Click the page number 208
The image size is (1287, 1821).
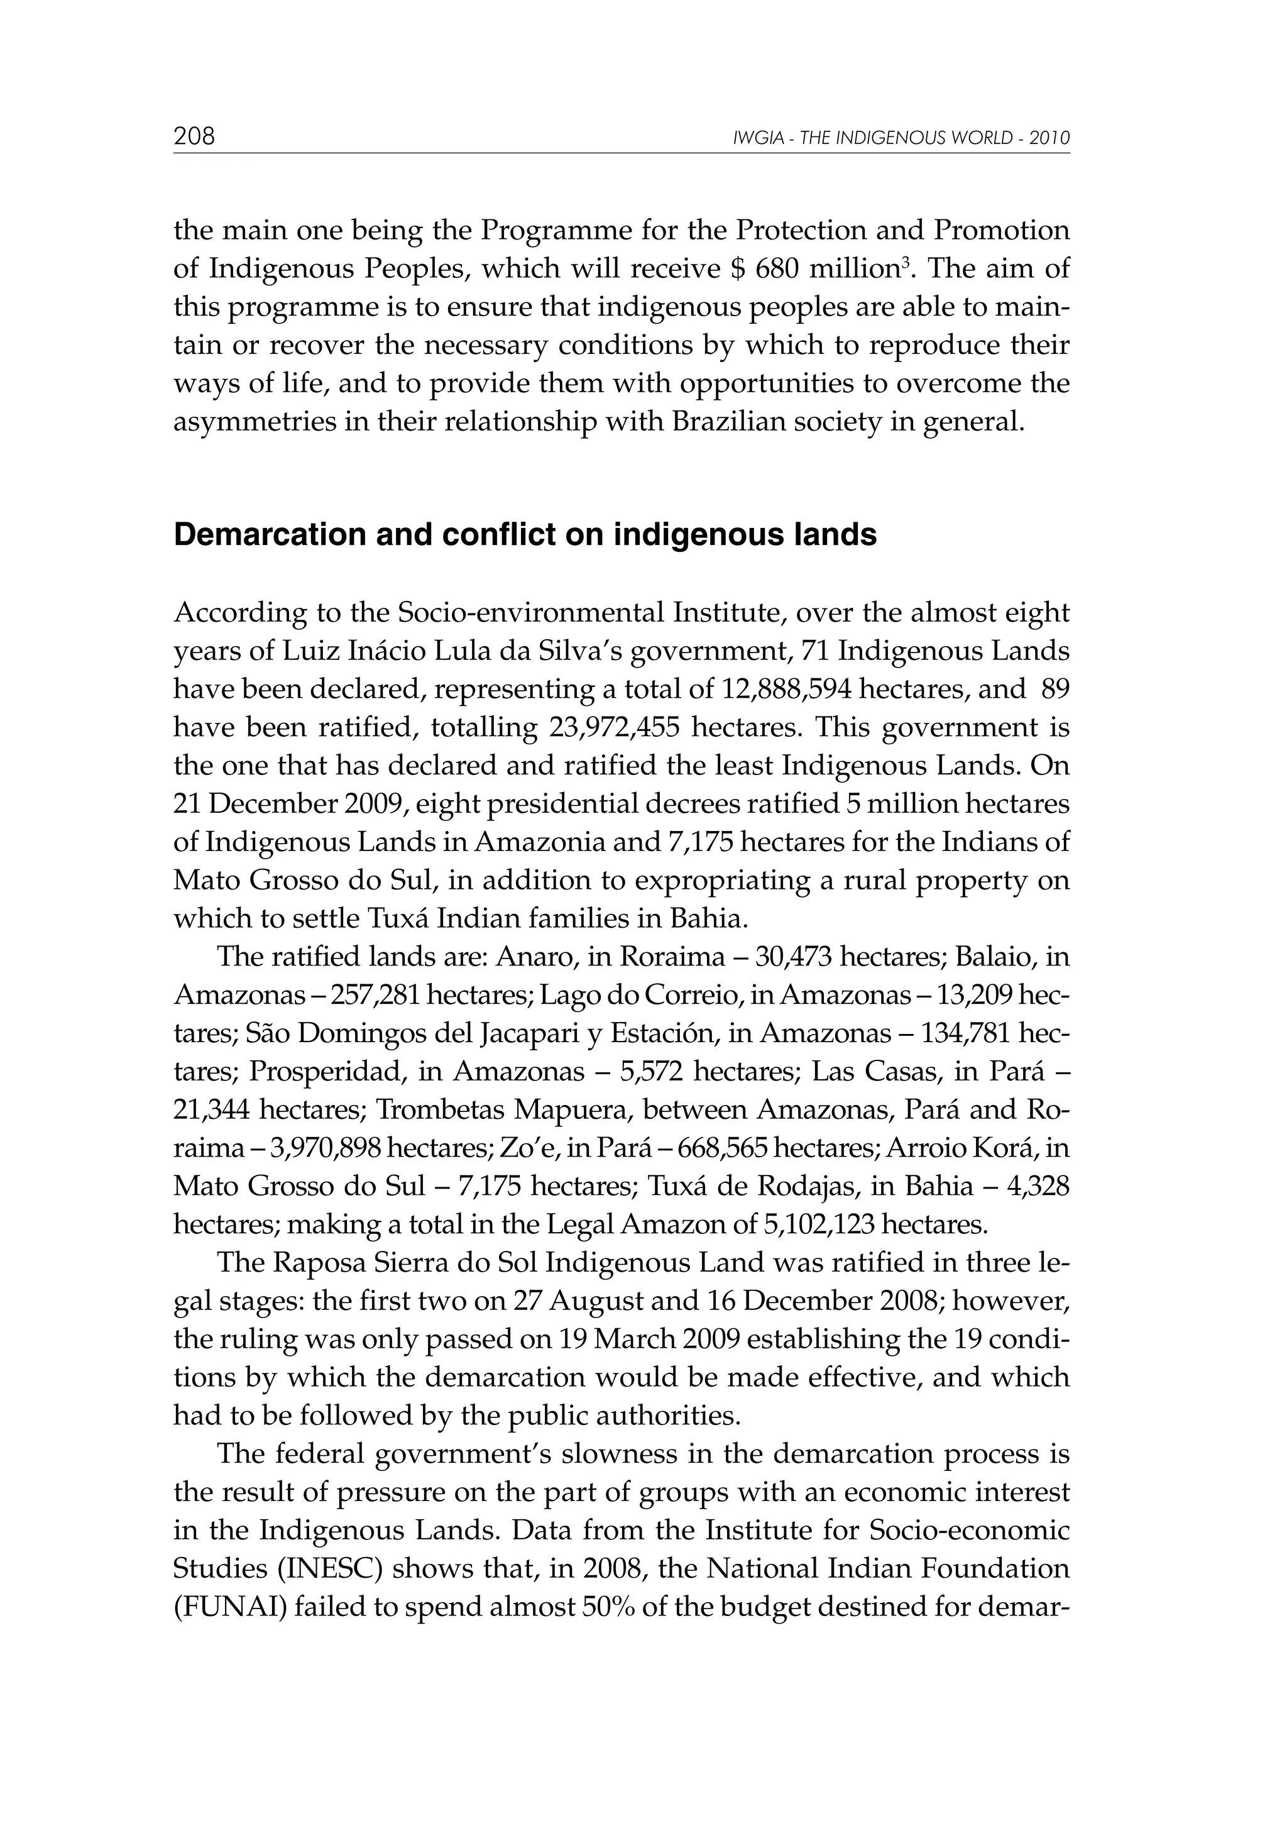click(x=194, y=136)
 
